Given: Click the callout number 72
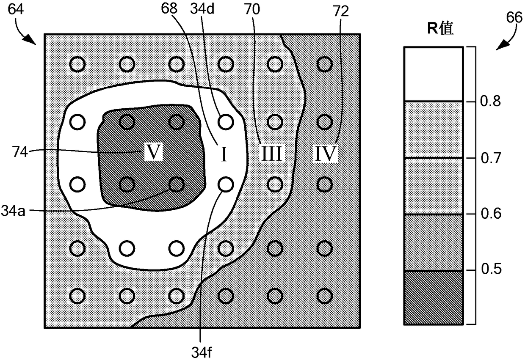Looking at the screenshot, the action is coord(341,11).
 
